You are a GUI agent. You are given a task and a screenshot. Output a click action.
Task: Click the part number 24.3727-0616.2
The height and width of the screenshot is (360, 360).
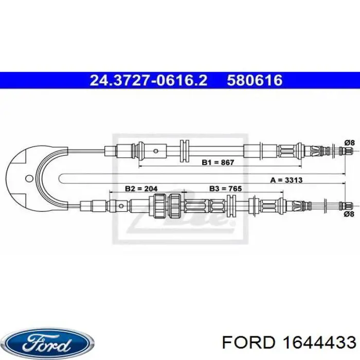point(149,80)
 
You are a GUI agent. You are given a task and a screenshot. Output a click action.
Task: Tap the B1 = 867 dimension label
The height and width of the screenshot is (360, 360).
point(218,163)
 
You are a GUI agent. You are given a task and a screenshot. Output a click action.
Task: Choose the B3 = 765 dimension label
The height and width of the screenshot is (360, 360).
point(224,189)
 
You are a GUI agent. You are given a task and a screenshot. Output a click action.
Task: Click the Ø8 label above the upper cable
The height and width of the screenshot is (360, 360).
point(349,142)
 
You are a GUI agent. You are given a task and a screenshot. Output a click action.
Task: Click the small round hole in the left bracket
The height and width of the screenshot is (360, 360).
point(29,178)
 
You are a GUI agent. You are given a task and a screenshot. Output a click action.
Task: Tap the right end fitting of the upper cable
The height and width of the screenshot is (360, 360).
point(346,151)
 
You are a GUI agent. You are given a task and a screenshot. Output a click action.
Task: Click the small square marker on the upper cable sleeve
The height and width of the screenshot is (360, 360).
point(155,151)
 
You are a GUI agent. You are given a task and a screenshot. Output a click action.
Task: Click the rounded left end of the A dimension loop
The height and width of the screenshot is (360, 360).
point(62,179)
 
